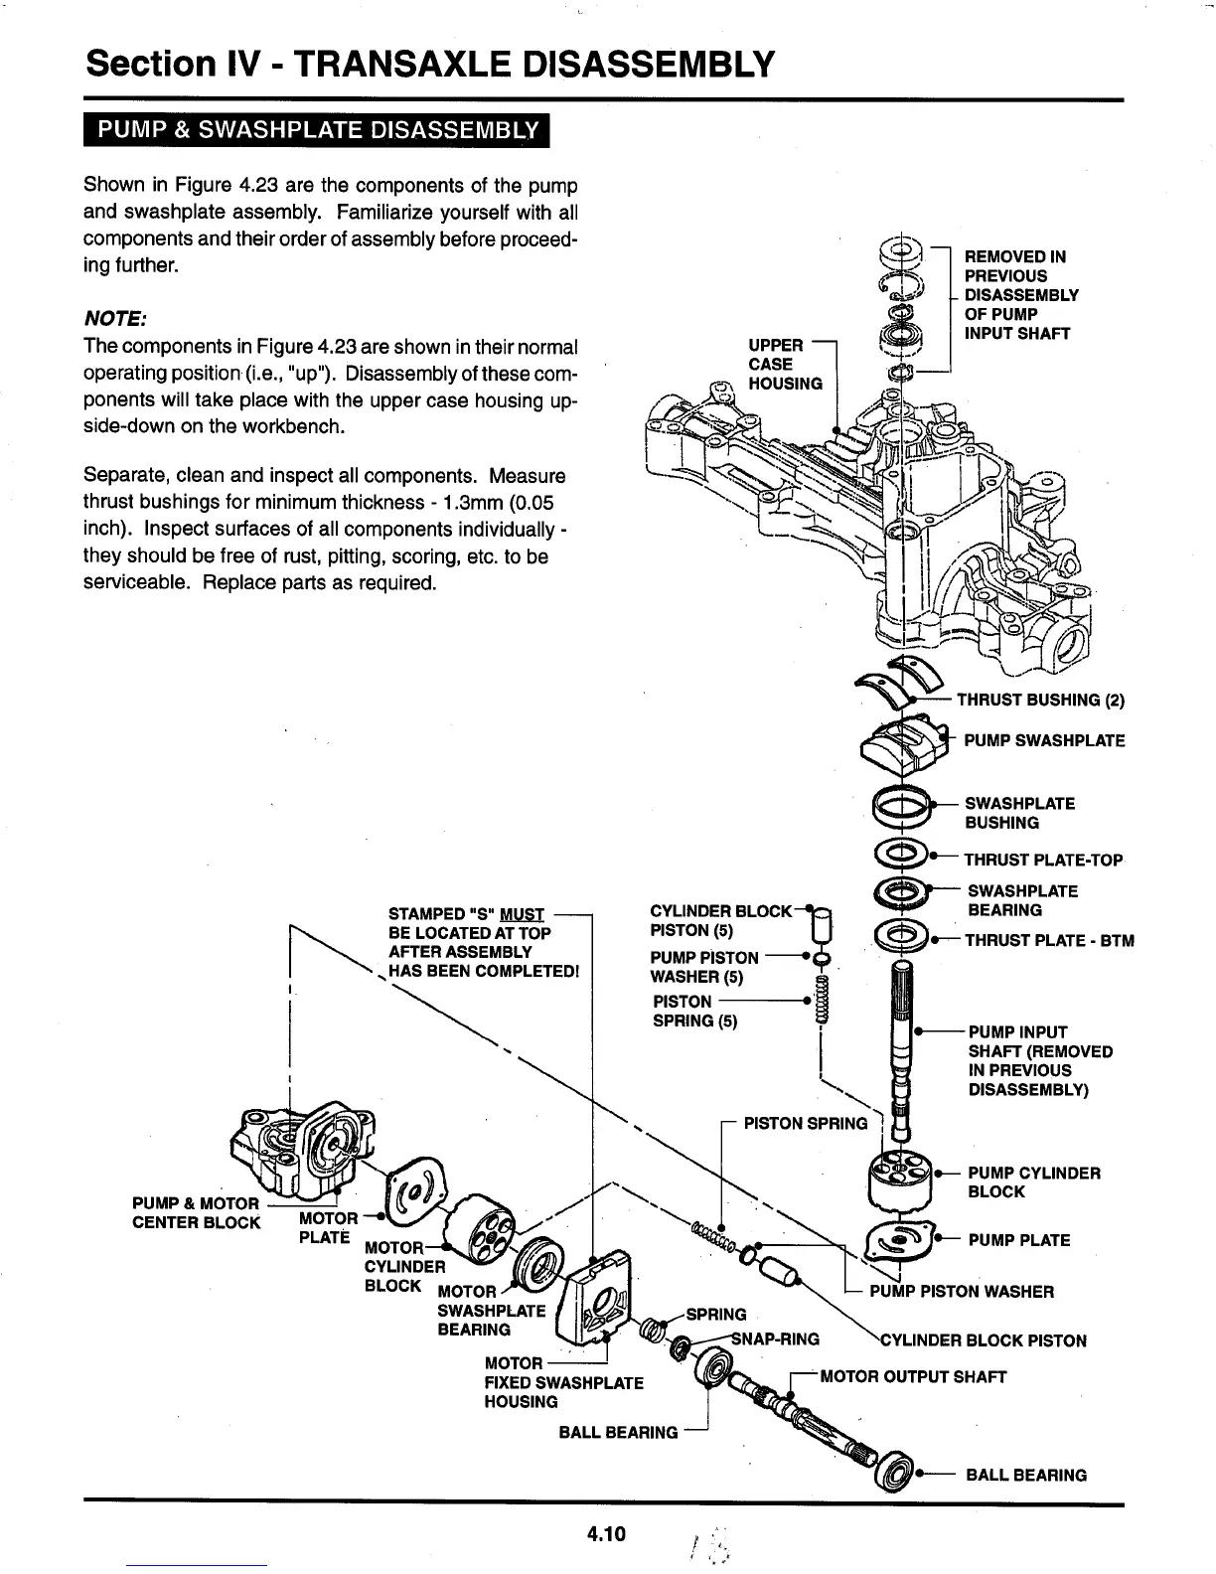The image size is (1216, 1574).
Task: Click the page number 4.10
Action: pyautogui.click(x=605, y=1534)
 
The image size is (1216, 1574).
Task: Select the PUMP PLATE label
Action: pyautogui.click(x=1018, y=1240)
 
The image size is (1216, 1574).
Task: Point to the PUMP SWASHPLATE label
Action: pyautogui.click(x=1044, y=740)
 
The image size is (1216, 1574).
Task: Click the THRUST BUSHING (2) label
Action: pyautogui.click(x=1039, y=700)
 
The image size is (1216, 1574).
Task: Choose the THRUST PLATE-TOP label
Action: pyautogui.click(x=1043, y=860)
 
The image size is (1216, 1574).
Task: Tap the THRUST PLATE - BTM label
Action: pyautogui.click(x=1049, y=940)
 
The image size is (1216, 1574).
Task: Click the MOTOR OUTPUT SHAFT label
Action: pyautogui.click(x=912, y=1376)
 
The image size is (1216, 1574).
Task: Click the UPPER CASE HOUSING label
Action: pyautogui.click(x=785, y=364)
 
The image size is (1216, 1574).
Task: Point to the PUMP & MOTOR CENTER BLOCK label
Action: pyautogui.click(x=196, y=1213)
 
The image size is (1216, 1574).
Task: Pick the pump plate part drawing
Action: pyautogui.click(x=900, y=1240)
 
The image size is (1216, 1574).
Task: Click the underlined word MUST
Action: pyautogui.click(x=524, y=914)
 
